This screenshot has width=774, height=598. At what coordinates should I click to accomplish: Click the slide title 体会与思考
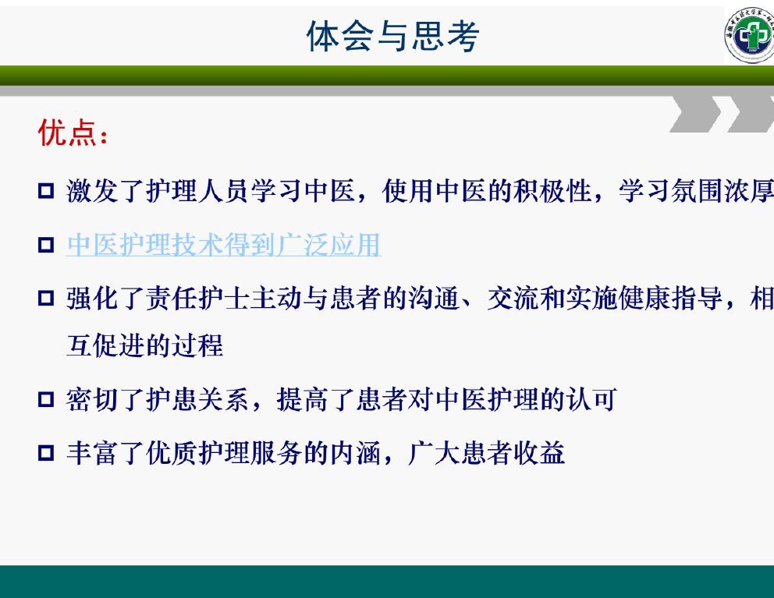393,36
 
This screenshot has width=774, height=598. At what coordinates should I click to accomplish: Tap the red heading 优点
67,133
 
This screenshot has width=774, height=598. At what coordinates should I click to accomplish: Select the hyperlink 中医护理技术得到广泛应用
224,245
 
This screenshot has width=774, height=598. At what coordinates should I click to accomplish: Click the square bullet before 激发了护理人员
46,190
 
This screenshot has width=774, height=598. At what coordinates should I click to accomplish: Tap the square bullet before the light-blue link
46,244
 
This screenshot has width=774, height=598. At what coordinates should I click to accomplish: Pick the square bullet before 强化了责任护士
46,298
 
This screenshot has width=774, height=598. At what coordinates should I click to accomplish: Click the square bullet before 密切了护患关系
46,398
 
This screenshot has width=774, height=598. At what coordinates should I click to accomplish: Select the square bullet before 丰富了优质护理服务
46,452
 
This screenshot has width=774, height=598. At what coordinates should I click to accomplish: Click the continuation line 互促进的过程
144,345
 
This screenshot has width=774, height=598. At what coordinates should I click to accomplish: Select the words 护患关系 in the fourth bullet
197,399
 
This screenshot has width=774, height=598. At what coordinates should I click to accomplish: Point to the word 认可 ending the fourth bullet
592,399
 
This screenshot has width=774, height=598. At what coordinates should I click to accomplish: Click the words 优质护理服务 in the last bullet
224,453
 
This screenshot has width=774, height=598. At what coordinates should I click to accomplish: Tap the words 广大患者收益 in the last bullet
486,453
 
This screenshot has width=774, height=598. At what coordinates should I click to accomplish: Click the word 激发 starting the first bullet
92,191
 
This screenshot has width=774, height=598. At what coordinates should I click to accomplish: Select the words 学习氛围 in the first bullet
670,191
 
